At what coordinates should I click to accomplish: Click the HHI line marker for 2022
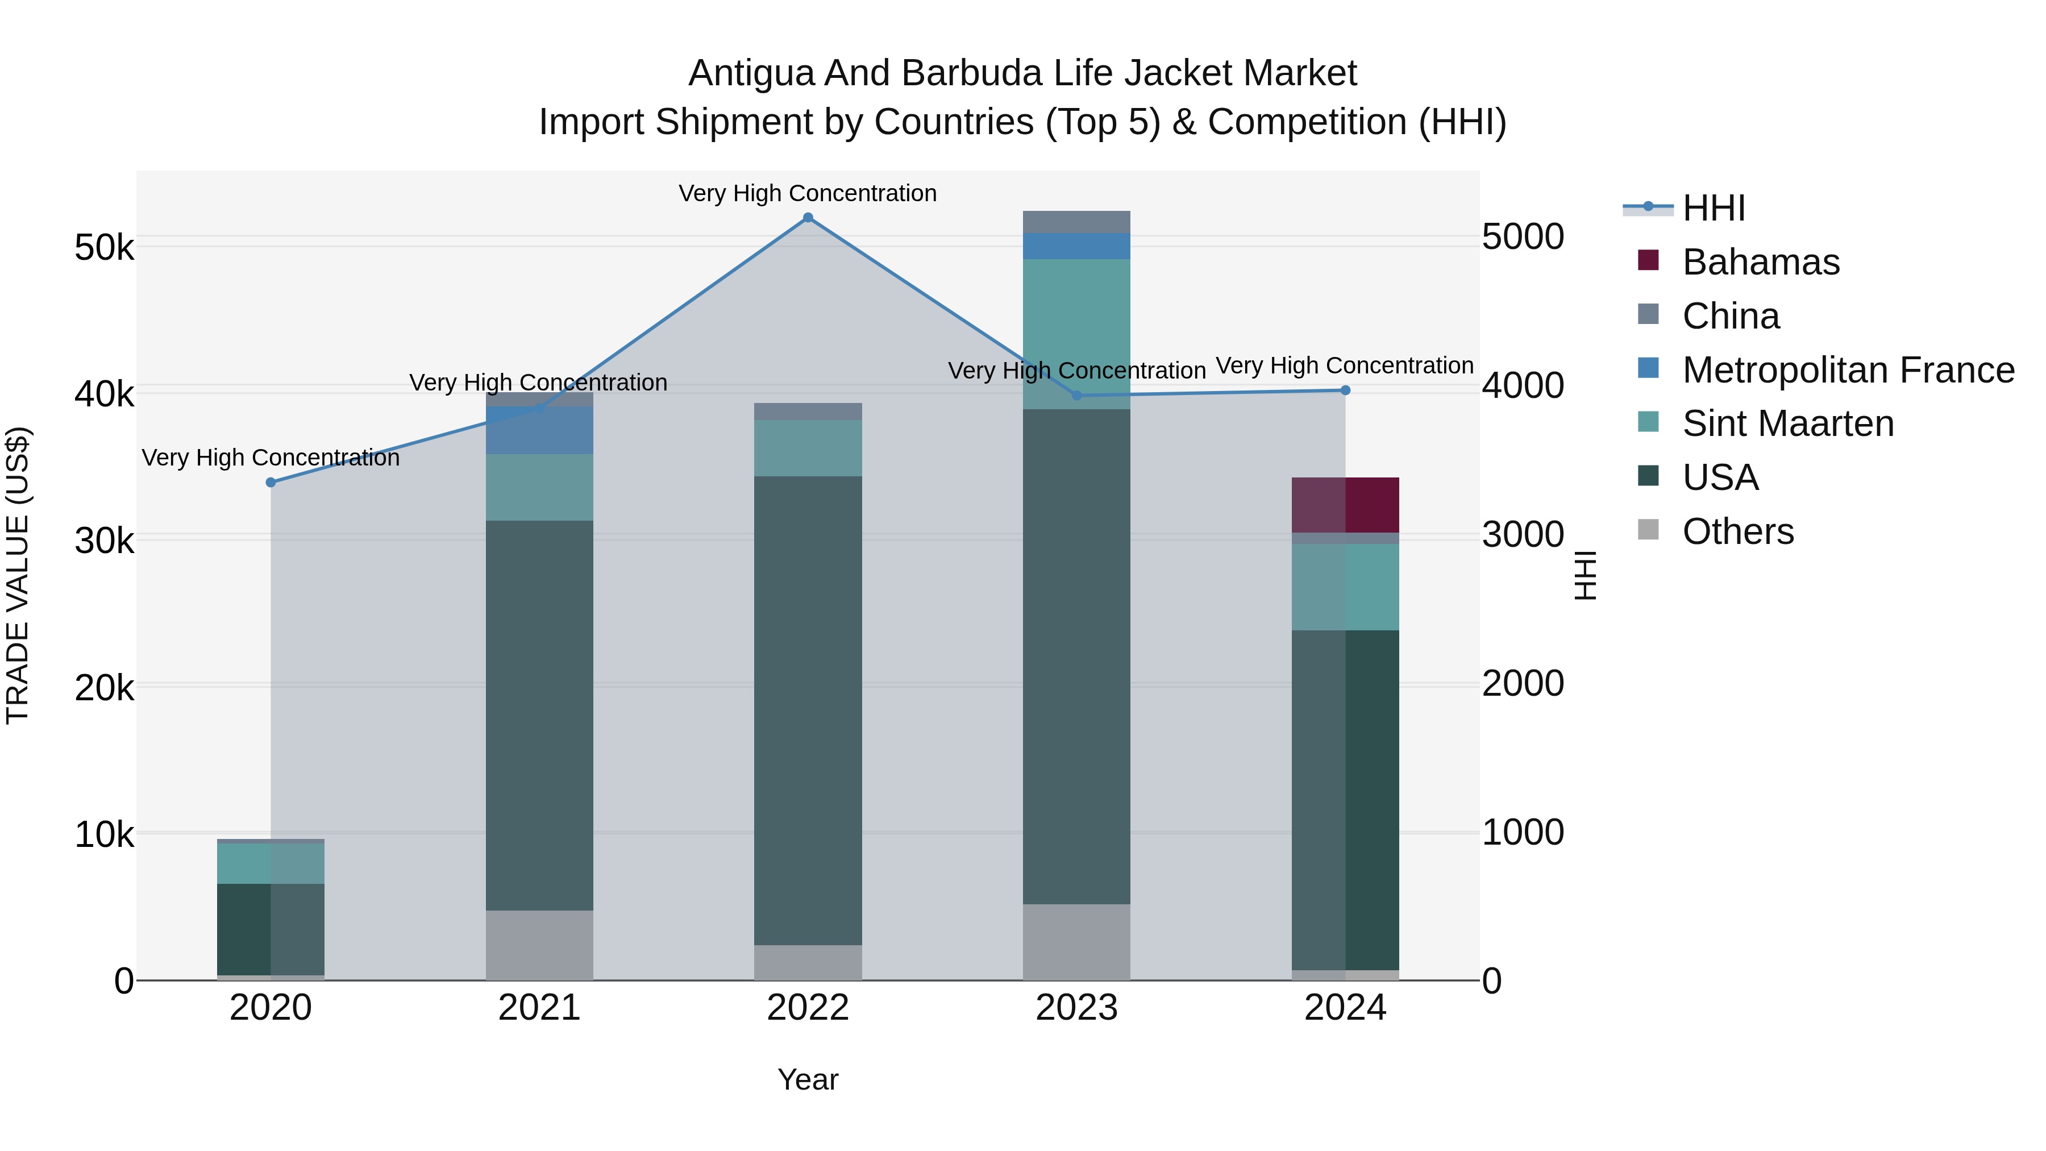click(x=808, y=218)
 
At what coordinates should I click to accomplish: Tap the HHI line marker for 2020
click(x=271, y=482)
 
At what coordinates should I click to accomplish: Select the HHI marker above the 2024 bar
click(x=1345, y=390)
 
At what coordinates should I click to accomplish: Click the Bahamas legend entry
click(x=1760, y=262)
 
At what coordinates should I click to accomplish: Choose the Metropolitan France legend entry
click(x=1848, y=370)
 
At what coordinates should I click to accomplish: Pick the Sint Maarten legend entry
click(x=1787, y=423)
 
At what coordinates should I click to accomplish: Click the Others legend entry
click(x=1738, y=531)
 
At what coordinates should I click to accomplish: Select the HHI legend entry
click(x=1713, y=208)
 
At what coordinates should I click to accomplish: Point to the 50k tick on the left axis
click(x=104, y=248)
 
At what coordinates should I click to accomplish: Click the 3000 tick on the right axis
click(x=1523, y=535)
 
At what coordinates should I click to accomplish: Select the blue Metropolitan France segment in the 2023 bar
click(x=1076, y=246)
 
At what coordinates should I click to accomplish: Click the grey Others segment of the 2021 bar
click(x=539, y=945)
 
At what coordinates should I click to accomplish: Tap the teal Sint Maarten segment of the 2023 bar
click(x=1076, y=334)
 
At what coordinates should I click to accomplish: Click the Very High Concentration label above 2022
click(x=808, y=194)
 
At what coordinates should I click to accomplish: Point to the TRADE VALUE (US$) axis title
click(x=18, y=575)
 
